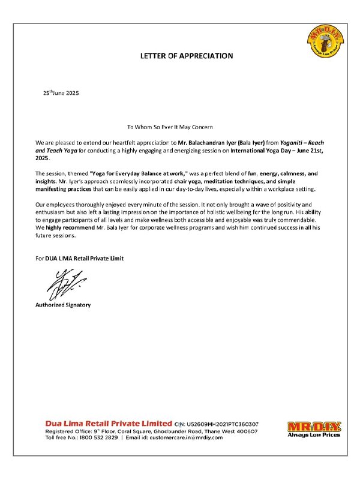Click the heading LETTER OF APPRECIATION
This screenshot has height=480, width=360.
[186, 56]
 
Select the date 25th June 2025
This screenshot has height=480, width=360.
[61, 94]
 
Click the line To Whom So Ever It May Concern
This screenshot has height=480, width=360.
[170, 127]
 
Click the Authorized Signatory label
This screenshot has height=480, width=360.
[63, 305]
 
